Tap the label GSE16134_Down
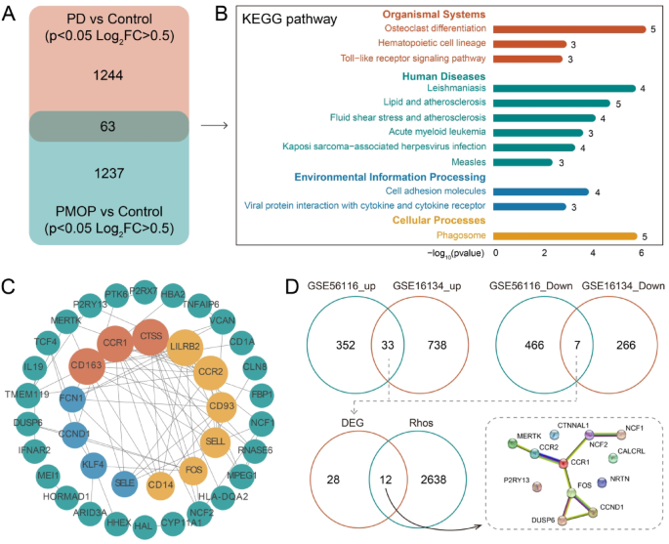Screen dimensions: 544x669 [x=623, y=285]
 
